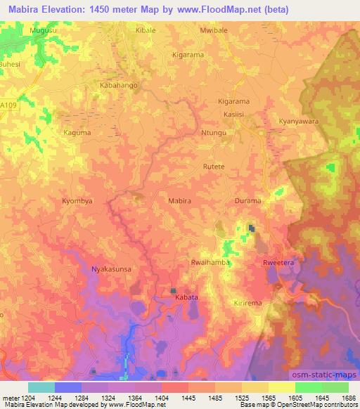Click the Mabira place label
coord(179,201)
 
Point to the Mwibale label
coord(215,32)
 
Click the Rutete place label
coord(214,167)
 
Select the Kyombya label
coord(77,200)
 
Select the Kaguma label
coord(77,132)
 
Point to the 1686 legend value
coord(348,398)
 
